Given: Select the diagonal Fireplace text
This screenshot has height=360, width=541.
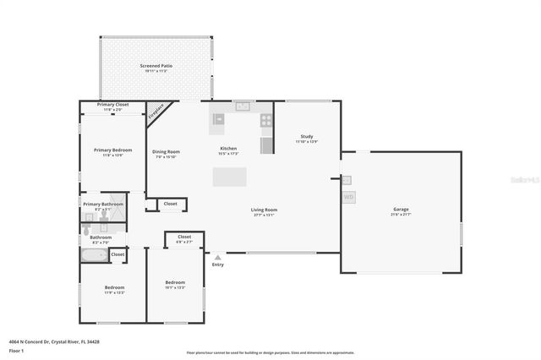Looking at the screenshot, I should point(156,113).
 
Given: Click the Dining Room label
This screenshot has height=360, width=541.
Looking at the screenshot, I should point(167,152).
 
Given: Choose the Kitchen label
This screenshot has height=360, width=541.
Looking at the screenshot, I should point(228,149).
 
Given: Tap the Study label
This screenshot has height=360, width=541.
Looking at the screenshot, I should point(306,137).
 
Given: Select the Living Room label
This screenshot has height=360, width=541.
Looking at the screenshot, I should point(264,210).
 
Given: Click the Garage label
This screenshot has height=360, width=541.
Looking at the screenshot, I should point(401,210).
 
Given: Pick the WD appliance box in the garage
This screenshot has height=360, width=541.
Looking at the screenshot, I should point(348,197).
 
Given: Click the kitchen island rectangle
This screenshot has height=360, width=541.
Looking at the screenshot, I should point(229,177).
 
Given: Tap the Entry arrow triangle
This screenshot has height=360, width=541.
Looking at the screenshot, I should point(218,257).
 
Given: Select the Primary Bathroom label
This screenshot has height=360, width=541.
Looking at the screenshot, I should point(103,205).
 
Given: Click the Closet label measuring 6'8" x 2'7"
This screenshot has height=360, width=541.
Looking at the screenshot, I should point(184,237).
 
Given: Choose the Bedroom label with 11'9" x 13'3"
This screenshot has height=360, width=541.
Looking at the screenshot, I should point(114,287).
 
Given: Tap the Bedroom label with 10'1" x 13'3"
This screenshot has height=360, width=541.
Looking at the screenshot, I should point(175,282).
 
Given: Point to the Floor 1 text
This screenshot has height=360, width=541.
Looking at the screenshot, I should point(17,350).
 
